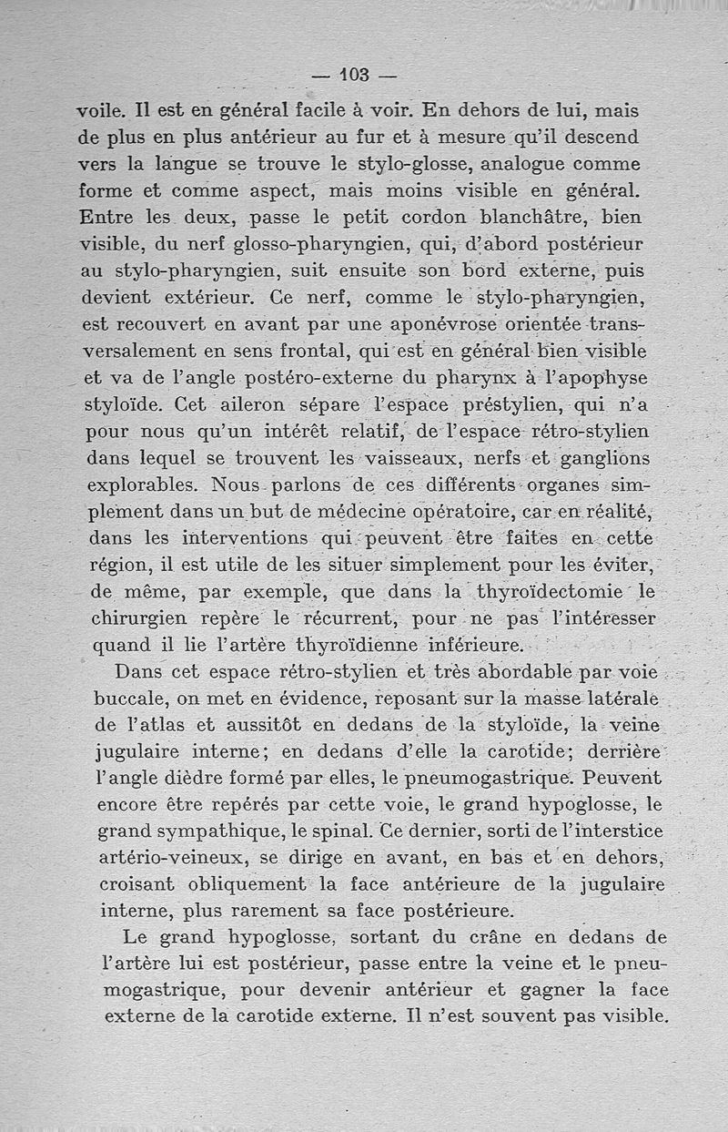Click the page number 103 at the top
pos(352,75)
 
